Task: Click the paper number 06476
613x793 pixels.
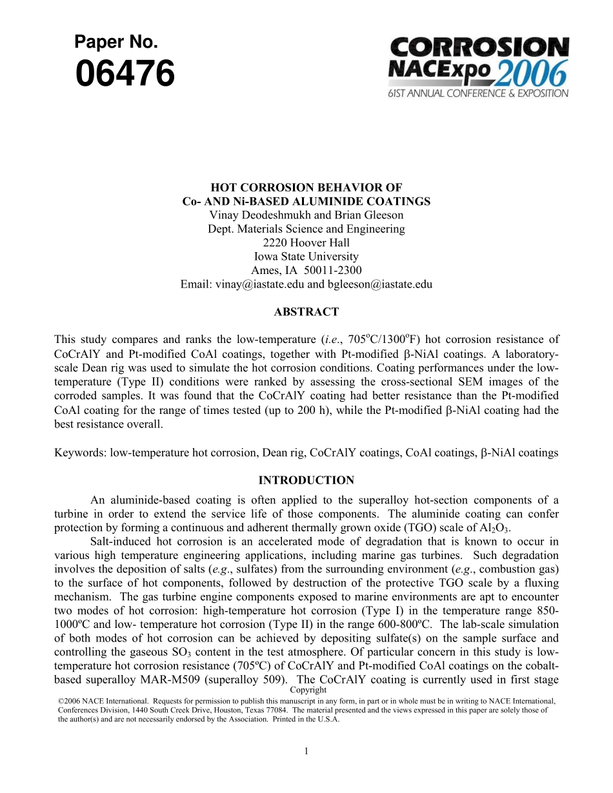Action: [125, 73]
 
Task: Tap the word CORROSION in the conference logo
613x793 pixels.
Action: [479, 47]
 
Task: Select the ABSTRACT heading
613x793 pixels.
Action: [306, 312]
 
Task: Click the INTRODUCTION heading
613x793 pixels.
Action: [306, 480]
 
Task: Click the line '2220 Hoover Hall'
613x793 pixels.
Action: [306, 242]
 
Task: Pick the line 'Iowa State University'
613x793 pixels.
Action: [306, 256]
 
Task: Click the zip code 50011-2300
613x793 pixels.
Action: [332, 270]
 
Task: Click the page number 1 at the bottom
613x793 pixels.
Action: [306, 750]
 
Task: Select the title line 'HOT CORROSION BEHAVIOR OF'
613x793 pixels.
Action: [306, 188]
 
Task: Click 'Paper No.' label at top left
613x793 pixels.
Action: [116, 43]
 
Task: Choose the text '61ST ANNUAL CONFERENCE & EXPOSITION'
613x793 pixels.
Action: [478, 93]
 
